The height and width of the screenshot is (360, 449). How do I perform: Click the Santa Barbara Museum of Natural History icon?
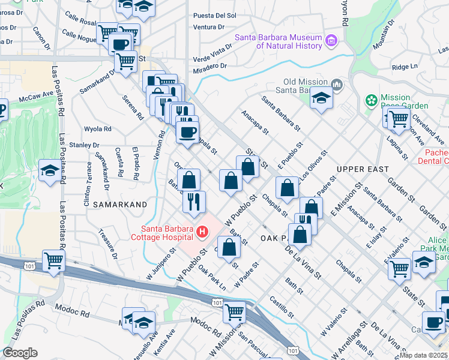tap(331, 41)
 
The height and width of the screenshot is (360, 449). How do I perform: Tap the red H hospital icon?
tap(202, 231)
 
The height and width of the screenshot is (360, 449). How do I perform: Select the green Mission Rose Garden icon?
tap(372, 100)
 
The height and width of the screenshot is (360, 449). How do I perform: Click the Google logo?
tap(20, 353)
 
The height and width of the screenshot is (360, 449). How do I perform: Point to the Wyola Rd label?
tap(97, 128)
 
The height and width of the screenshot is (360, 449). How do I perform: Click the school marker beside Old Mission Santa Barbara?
tap(321, 97)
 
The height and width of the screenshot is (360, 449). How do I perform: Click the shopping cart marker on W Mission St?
tap(234, 311)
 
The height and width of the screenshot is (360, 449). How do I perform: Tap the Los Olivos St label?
tap(316, 167)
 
